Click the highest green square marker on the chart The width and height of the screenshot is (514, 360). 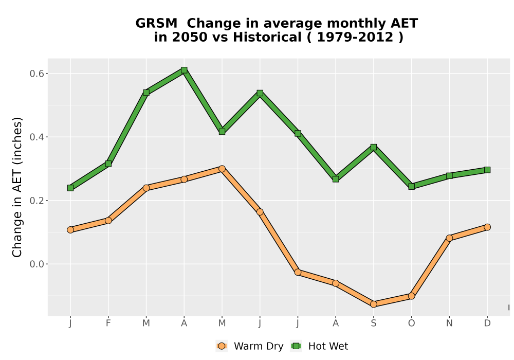(184, 70)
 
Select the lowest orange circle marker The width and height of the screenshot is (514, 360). (373, 304)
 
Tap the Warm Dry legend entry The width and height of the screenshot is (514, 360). (249, 346)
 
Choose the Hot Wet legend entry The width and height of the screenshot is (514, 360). (319, 346)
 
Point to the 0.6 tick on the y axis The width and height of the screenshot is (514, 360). (36, 74)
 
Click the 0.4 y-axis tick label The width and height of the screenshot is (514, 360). (36, 137)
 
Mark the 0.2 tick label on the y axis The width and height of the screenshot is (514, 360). (36, 201)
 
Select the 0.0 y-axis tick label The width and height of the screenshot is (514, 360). (36, 264)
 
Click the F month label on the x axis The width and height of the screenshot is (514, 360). (108, 323)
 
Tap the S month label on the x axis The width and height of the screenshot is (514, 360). (373, 323)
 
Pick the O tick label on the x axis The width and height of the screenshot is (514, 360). (411, 323)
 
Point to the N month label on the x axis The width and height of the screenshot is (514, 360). (449, 323)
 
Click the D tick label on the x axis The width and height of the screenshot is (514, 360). (487, 323)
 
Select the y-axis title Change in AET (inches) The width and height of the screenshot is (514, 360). (17, 187)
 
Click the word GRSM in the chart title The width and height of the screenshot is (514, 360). (156, 24)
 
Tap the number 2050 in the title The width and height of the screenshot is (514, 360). (190, 37)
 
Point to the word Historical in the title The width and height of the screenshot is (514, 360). (267, 37)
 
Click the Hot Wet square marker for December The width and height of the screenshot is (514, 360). (487, 170)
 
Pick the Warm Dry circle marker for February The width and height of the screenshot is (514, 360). (108, 221)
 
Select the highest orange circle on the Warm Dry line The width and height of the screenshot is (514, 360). (222, 169)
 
